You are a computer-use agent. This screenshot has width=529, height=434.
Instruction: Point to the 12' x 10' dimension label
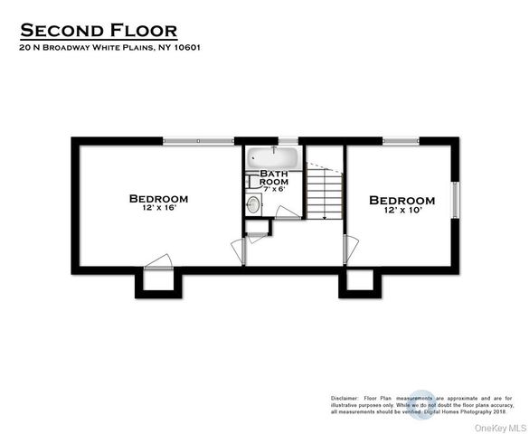click(401, 212)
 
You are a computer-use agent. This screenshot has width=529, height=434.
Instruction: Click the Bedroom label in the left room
click(158, 199)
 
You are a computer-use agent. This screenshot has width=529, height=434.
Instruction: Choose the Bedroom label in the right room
click(401, 200)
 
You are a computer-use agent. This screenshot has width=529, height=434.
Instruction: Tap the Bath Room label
click(274, 177)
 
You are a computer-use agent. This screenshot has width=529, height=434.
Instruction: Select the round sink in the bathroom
click(253, 205)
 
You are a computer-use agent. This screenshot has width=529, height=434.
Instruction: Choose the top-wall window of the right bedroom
click(401, 139)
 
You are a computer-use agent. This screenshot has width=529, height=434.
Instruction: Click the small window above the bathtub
click(288, 139)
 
